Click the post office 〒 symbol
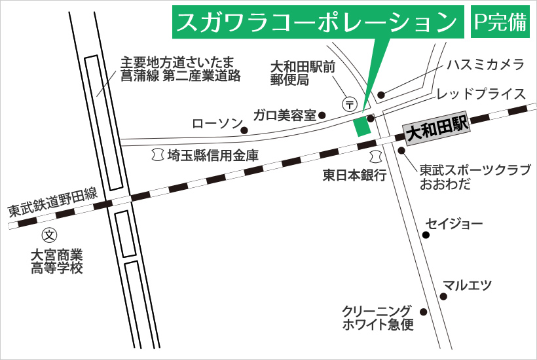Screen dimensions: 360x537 350,103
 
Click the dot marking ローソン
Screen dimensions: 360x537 244,130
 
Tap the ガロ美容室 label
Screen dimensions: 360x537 285,115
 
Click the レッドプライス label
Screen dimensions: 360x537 481,94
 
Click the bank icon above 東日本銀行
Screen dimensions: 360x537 375,156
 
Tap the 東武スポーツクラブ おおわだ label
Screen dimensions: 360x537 475,176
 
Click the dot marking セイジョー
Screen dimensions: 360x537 426,234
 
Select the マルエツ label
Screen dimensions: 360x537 467,285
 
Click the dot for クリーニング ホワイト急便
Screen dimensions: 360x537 423,312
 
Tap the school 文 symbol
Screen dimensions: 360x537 49,234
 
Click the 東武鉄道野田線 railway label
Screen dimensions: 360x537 52,202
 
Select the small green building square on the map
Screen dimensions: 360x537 361,126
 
